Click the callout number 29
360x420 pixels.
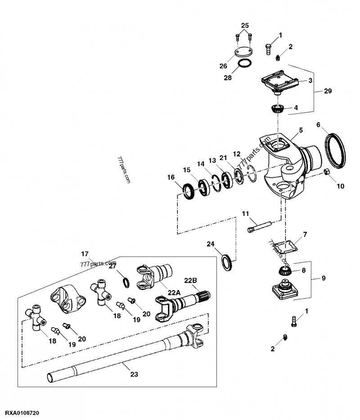tap(327, 91)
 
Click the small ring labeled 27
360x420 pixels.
tap(127, 282)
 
